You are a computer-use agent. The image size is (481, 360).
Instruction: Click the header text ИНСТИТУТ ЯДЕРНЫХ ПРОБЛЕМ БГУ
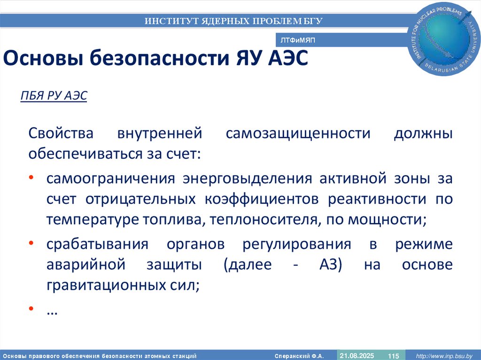(x=233, y=21)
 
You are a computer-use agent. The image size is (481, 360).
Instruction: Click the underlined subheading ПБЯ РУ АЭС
(x=54, y=96)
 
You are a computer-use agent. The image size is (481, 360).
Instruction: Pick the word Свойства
(x=61, y=134)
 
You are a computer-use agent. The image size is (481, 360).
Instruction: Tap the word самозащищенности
(x=298, y=134)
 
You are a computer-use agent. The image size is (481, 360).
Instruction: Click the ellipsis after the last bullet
(x=52, y=311)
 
